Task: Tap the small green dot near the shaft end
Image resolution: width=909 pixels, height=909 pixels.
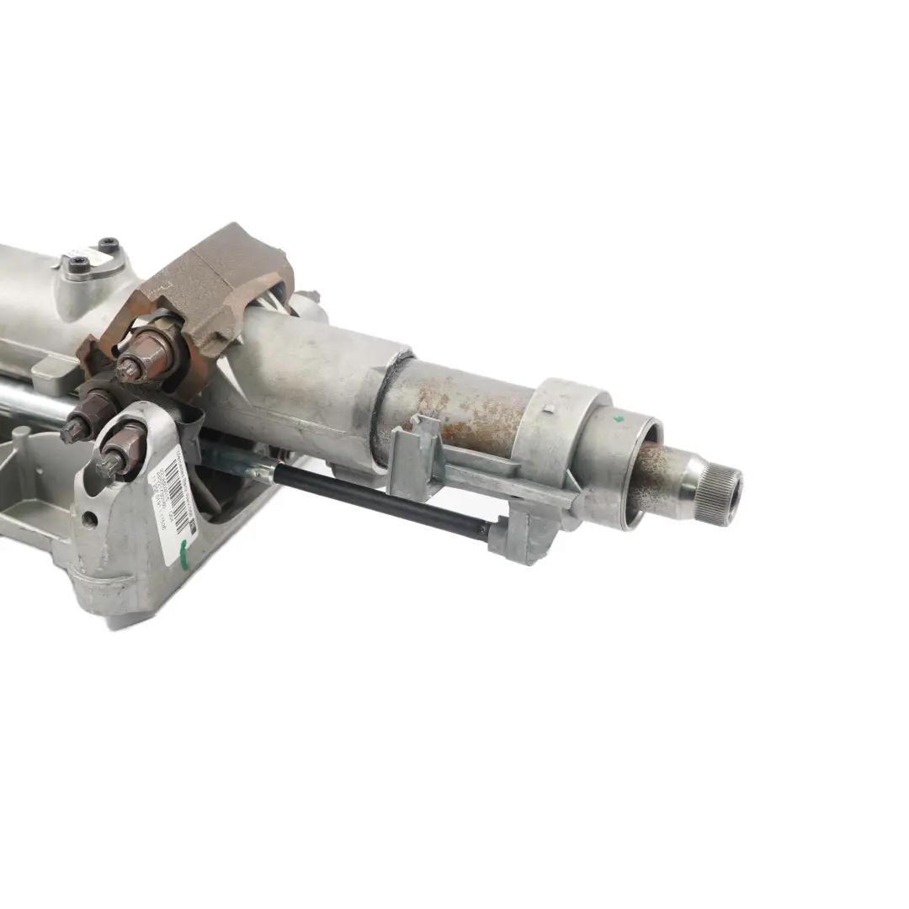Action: [x=620, y=417]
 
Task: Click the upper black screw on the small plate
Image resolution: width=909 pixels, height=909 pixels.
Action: [x=108, y=246]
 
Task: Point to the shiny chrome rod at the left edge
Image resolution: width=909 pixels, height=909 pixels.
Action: [x=34, y=402]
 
